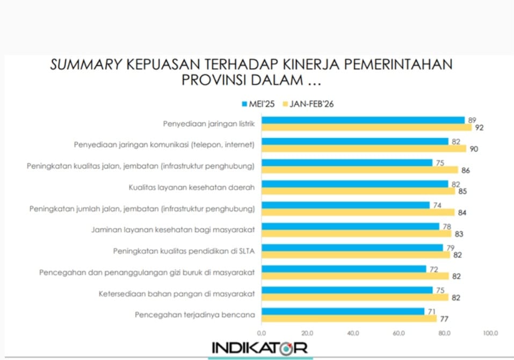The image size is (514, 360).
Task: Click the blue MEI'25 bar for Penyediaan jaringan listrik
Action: point(363,120)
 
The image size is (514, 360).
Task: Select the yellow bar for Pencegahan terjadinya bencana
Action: point(349,319)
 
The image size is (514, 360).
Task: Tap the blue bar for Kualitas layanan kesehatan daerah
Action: point(354,184)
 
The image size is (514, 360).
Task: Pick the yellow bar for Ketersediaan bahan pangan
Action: point(354,297)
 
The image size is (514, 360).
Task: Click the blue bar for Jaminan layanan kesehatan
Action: point(350,226)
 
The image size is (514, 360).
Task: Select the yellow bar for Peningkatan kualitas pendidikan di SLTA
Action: point(356,255)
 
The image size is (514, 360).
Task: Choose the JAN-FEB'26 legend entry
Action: point(308,104)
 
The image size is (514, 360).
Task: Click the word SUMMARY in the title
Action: point(86,65)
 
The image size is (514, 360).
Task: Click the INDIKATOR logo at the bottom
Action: point(259,348)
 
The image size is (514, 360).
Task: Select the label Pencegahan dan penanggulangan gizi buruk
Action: point(146,272)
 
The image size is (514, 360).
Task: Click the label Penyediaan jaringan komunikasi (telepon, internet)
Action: point(163,145)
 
